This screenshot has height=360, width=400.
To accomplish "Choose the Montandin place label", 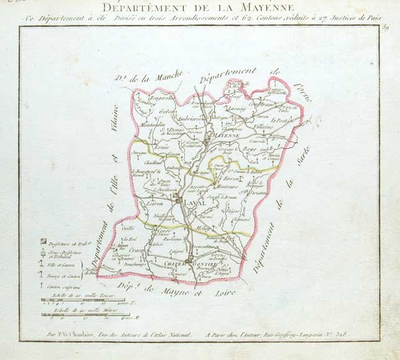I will (153, 124).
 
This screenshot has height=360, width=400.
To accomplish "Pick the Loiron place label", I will (154, 204).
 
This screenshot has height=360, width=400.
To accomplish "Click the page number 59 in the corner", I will (385, 27).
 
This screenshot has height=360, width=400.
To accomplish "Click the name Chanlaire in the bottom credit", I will (82, 334).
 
